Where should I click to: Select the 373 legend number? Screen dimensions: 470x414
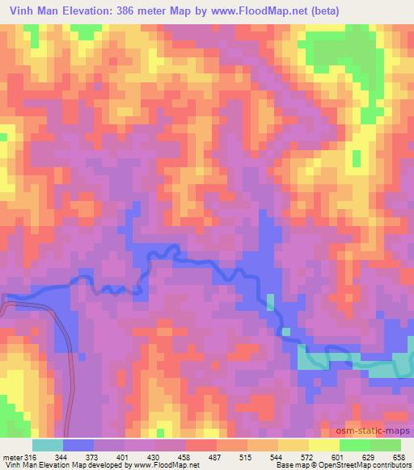point(93,456)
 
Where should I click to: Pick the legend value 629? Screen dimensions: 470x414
point(370,456)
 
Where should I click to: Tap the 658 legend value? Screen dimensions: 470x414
point(399,456)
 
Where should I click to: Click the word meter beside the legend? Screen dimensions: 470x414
point(11,456)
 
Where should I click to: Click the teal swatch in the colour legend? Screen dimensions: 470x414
point(47,445)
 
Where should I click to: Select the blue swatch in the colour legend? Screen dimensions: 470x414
point(78,445)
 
